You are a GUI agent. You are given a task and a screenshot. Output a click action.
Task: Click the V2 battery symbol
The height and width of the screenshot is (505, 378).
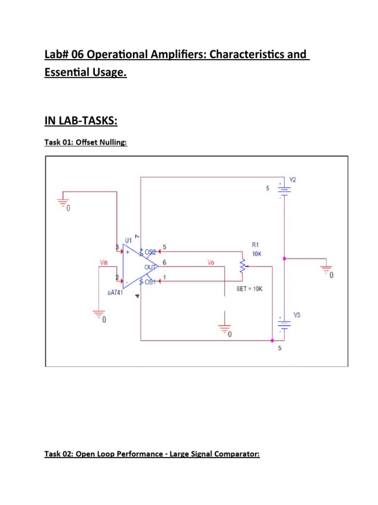(x=284, y=190)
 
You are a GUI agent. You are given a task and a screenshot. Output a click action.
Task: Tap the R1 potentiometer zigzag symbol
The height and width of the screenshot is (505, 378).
(x=242, y=266)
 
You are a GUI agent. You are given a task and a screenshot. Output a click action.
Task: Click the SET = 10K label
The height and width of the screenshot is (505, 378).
(x=250, y=289)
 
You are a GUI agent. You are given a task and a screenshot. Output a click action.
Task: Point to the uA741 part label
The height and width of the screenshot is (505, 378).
(x=115, y=292)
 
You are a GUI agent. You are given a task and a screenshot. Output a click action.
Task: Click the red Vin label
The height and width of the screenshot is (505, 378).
(x=104, y=263)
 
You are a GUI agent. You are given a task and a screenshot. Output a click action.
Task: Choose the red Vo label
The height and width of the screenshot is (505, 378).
(x=211, y=263)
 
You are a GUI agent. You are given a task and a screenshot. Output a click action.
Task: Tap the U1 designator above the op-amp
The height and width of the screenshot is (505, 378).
(x=128, y=240)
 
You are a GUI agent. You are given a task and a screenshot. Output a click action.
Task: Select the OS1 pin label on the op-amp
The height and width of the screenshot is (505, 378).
(x=150, y=282)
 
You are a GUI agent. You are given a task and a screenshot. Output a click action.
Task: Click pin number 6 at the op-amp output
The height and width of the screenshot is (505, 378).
(x=164, y=262)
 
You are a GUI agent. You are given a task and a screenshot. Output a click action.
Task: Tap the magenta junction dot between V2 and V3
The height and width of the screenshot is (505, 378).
(x=284, y=258)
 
